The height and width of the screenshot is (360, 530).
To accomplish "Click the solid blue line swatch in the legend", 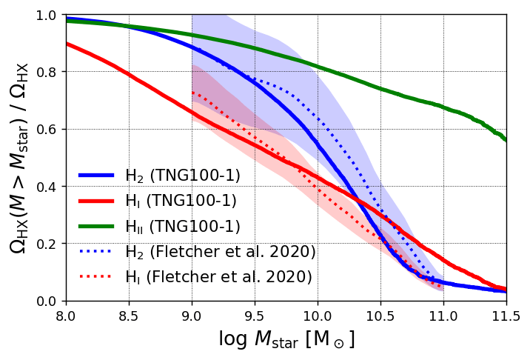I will [x=96, y=175].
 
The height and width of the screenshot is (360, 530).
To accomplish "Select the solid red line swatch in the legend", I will [x=96, y=201].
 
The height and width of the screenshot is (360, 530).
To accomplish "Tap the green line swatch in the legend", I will [x=96, y=226].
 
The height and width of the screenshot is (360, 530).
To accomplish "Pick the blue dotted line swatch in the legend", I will [x=96, y=252].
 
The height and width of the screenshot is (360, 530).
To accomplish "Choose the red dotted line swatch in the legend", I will [x=96, y=276].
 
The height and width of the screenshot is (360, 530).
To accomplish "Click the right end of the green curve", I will [x=505, y=139].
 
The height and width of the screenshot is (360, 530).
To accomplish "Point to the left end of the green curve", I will [x=68, y=21].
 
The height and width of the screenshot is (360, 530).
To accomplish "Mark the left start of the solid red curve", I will [x=68, y=44].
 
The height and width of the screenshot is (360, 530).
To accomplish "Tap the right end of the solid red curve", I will [x=505, y=289].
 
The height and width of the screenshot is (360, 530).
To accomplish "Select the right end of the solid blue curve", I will [x=505, y=291].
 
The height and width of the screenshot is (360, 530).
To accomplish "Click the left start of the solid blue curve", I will [x=68, y=18].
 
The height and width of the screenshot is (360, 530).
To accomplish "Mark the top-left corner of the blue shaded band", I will [x=192, y=16].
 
